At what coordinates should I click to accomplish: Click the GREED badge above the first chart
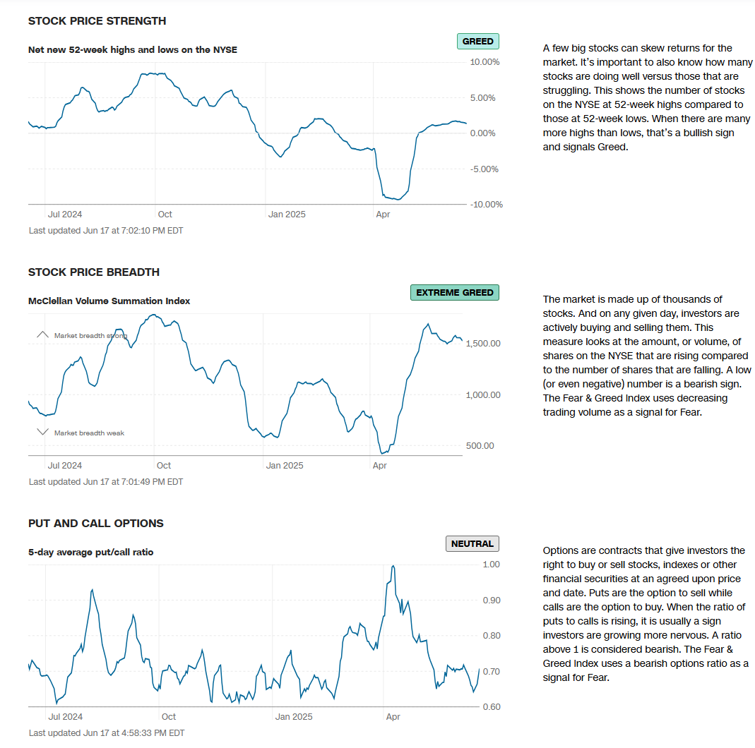477,42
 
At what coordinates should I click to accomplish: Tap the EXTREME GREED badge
454,293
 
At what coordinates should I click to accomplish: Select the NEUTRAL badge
472,544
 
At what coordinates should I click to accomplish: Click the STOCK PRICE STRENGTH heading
97,21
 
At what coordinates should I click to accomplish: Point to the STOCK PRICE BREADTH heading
93,272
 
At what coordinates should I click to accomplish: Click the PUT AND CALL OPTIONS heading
95,524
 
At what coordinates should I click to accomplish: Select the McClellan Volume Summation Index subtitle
109,301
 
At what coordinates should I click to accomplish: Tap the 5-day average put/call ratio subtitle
90,553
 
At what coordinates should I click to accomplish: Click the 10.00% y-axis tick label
484,62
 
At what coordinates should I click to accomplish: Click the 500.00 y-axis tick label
480,446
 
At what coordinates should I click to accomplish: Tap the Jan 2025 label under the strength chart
286,215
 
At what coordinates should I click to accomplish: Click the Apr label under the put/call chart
393,717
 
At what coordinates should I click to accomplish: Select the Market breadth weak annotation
89,433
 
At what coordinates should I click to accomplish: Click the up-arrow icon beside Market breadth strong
42,335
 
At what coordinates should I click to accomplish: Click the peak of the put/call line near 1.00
393,566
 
